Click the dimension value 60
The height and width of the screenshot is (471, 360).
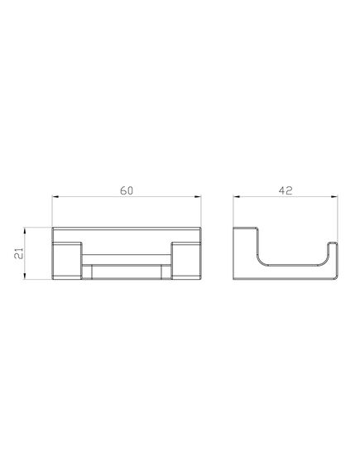127,190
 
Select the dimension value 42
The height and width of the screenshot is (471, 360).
286,190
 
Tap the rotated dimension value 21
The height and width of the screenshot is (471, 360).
18,253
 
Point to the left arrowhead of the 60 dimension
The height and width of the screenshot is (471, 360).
55,197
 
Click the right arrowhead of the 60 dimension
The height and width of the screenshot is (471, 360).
198,197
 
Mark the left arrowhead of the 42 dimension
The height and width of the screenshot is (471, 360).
237,197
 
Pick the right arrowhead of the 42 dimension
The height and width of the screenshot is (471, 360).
334,197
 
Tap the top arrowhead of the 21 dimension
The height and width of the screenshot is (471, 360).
25,231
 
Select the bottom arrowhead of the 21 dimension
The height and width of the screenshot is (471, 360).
25,276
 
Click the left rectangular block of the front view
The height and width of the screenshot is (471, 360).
67,261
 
